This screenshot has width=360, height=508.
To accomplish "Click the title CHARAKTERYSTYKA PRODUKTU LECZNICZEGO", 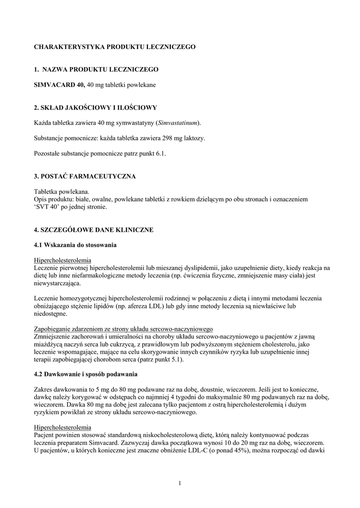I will [115, 47].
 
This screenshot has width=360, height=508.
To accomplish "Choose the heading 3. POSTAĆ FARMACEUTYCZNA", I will [84, 176].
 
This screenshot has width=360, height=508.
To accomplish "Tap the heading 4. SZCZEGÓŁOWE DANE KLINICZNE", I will [93, 230].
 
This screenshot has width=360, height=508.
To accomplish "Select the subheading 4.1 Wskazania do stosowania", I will [75, 245].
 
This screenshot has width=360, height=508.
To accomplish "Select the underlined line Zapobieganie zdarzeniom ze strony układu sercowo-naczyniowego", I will [123, 329].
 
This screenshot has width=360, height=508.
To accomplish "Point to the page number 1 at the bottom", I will [180, 483].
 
